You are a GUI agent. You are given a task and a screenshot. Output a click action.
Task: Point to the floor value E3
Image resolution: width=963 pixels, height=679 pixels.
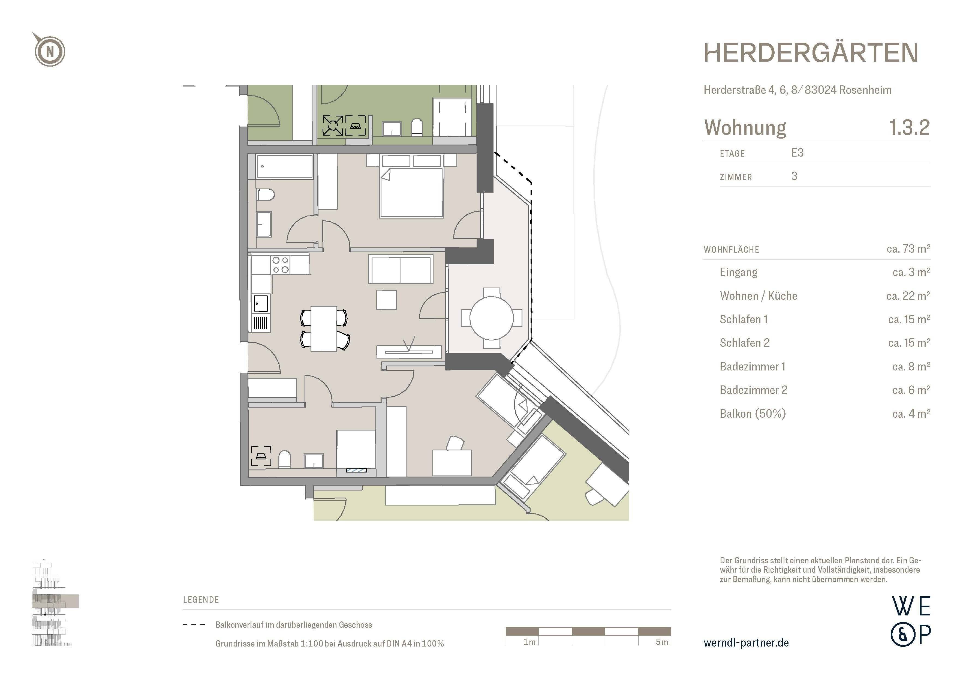coord(797,153)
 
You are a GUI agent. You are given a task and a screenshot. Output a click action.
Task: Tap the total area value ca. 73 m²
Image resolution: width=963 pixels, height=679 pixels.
coord(908,249)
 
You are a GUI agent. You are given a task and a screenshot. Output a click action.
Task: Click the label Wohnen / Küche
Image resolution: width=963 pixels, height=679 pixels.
coord(758,296)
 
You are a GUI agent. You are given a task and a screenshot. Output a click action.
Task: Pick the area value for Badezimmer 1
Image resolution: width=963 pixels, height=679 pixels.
coord(911,367)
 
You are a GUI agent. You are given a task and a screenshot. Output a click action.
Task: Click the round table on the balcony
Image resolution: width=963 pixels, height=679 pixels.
coord(491,318)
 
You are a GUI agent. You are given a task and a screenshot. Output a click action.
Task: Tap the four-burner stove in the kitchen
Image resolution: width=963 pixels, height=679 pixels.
coord(281,265)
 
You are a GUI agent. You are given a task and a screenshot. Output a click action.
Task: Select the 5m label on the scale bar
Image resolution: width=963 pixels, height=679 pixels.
coord(661,642)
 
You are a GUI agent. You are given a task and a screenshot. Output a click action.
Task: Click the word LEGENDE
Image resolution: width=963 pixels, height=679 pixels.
coord(201,600)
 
